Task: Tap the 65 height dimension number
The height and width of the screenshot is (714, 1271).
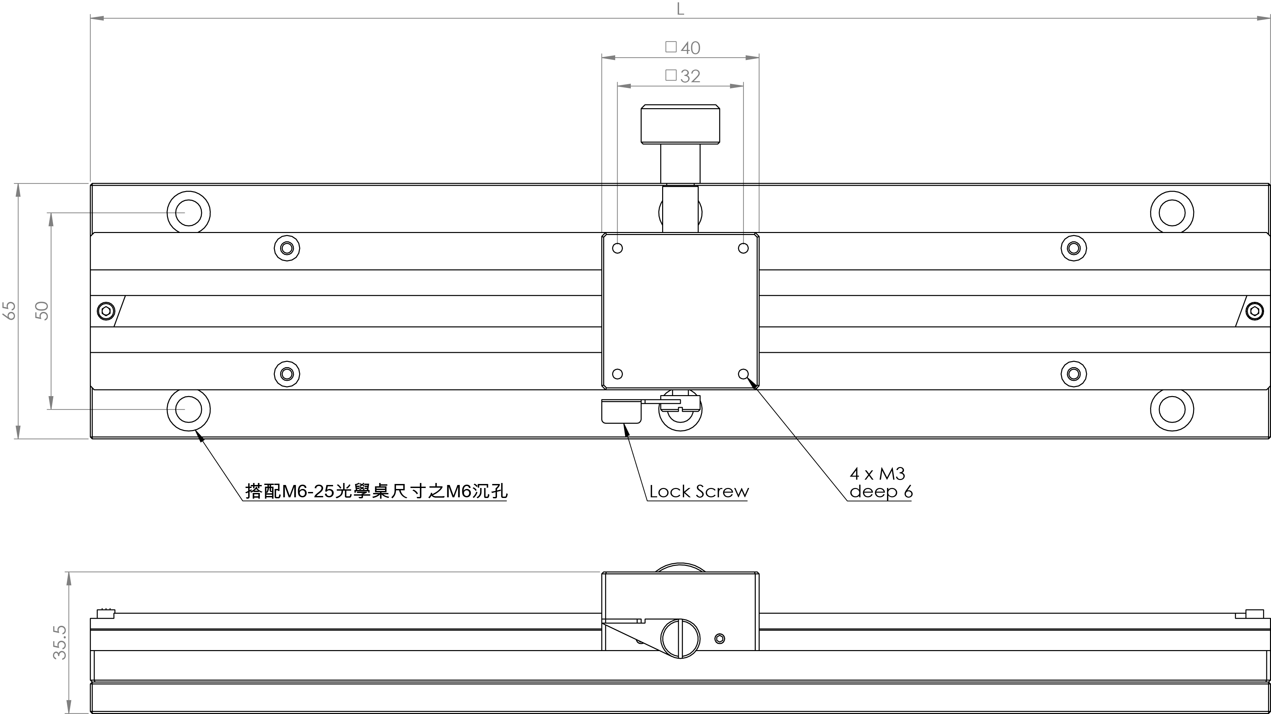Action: tap(9, 311)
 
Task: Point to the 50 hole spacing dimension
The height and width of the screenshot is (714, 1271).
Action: tap(42, 311)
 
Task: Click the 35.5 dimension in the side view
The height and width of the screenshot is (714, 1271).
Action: tap(60, 642)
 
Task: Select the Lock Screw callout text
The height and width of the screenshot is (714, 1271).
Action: tap(699, 492)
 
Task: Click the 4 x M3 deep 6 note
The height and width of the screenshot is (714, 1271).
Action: tap(881, 483)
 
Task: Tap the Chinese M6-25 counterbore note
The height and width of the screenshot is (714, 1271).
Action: tap(376, 491)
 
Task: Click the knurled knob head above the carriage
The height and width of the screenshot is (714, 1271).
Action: tap(680, 124)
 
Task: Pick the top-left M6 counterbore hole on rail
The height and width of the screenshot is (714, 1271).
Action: tap(189, 212)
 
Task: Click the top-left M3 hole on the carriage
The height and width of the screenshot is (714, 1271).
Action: tap(617, 248)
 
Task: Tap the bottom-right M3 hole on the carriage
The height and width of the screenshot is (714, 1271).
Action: tap(743, 374)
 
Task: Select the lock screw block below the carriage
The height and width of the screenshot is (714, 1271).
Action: tap(621, 411)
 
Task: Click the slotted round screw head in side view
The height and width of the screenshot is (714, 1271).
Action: tap(680, 638)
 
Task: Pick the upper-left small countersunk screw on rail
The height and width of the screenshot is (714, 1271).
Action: tap(287, 248)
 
